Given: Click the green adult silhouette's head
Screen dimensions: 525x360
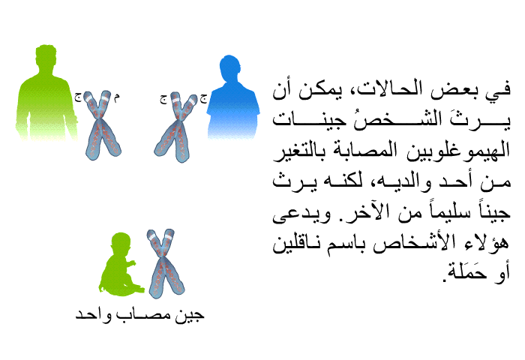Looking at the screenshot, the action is tap(46, 57).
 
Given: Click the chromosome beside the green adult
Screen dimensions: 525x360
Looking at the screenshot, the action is tap(102, 124).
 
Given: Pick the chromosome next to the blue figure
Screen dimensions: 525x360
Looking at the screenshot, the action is tap(175, 127).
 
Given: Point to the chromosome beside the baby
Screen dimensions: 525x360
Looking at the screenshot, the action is tap(166, 263).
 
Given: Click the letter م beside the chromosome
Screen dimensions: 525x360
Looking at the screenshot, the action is tap(116, 97).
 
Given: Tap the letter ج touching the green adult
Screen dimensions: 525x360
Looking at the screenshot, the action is tap(78, 97).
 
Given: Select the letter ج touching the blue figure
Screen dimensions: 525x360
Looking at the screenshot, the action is tap(203, 98).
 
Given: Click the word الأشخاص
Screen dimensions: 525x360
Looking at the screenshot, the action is tap(418, 242).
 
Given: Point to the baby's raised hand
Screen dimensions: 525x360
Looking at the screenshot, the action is tap(132, 263).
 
